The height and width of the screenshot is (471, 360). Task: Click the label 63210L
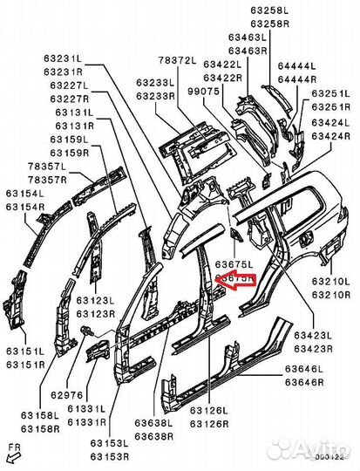(x=331, y=281)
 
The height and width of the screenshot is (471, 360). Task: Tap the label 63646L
(x=305, y=370)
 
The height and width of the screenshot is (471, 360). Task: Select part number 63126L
(x=209, y=410)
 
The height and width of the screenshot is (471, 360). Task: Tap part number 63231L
(x=64, y=58)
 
